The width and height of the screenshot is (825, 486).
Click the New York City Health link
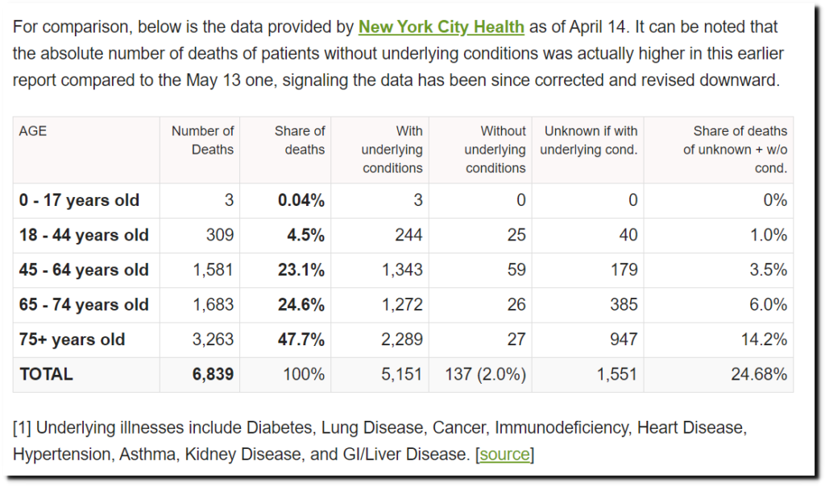click(x=441, y=27)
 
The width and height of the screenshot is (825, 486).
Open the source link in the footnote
click(x=505, y=455)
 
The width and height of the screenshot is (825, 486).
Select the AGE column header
click(x=33, y=130)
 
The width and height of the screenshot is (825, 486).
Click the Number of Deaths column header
click(x=203, y=140)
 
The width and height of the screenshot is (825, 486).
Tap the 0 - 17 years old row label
click(x=79, y=200)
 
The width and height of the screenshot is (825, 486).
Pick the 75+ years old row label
click(x=72, y=340)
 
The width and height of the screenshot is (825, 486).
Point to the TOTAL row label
click(x=46, y=374)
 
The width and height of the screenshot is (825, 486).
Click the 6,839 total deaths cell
click(x=213, y=374)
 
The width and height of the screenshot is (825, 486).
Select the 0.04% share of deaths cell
click(x=301, y=200)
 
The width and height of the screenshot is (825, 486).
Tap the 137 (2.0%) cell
click(x=485, y=374)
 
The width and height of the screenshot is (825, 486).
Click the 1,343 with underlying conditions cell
click(x=404, y=270)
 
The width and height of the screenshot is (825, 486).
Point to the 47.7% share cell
click(x=301, y=340)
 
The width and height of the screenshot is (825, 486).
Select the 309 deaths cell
click(x=219, y=235)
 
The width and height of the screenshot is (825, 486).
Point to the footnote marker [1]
click(x=22, y=426)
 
